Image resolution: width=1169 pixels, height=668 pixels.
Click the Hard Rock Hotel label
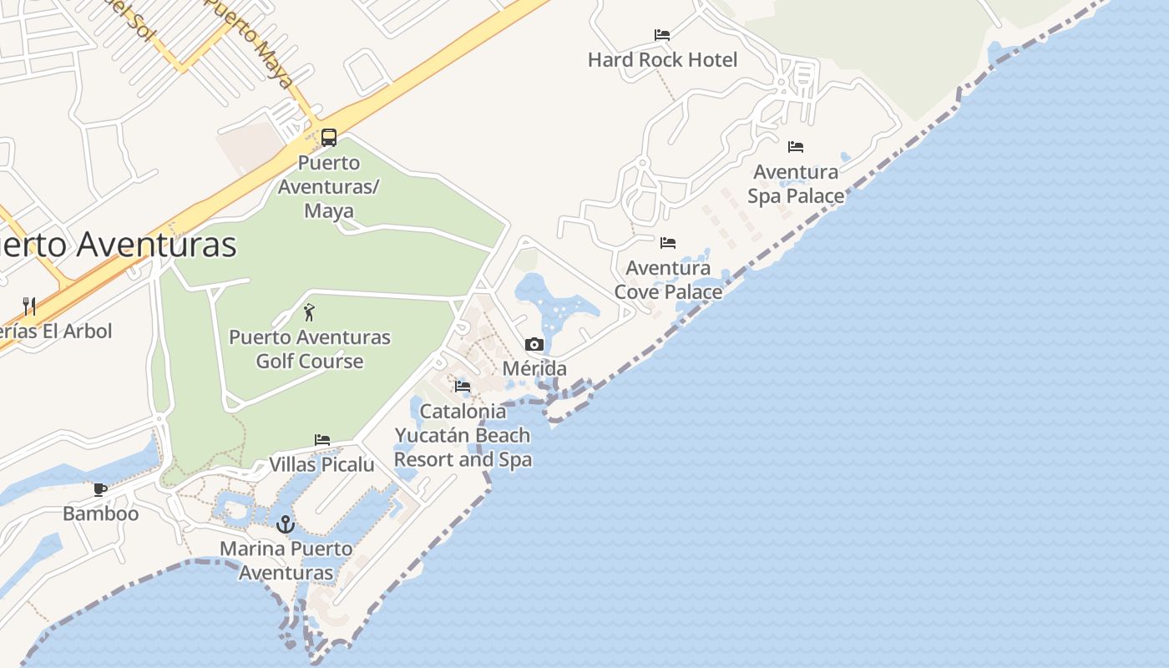click(x=662, y=60)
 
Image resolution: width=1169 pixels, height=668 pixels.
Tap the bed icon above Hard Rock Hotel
click(x=662, y=35)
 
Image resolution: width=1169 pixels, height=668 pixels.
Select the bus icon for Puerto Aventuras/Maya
click(x=329, y=138)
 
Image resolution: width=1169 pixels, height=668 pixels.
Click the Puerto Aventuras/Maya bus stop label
click(x=328, y=186)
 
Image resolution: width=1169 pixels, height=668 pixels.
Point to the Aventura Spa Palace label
click(x=796, y=184)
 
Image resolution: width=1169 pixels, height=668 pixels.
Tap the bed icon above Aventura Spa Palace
click(x=796, y=147)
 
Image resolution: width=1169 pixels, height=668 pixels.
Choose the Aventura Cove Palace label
click(x=668, y=280)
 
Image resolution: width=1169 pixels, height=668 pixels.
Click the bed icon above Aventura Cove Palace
click(x=668, y=243)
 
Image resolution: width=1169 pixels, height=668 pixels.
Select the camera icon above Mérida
click(x=534, y=344)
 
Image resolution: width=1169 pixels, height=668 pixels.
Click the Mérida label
click(x=534, y=368)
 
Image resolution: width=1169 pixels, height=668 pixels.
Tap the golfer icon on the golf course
click(x=310, y=313)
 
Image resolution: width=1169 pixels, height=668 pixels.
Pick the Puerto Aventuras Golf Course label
click(x=310, y=349)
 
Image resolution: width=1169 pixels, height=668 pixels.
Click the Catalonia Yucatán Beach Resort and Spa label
click(x=463, y=435)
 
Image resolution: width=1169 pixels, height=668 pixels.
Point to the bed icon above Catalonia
click(x=463, y=387)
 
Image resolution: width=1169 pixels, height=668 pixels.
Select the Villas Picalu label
click(x=321, y=464)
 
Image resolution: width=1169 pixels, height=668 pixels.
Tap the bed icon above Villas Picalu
click(x=322, y=440)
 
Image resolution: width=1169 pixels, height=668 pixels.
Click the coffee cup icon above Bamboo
click(x=100, y=489)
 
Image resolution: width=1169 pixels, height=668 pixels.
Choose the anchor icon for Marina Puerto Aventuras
click(x=286, y=524)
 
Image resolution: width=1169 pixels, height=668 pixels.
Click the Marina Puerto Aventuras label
click(x=286, y=561)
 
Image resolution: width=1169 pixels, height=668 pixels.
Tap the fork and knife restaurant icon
click(x=29, y=306)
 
